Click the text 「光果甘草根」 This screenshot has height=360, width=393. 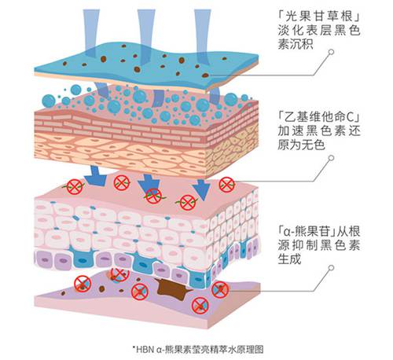point(319,17)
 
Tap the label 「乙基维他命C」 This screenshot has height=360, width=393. point(319,116)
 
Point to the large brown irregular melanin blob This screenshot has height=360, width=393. point(171,288)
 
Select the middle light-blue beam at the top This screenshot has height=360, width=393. point(146,37)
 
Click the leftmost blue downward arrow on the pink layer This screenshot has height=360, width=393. point(95,175)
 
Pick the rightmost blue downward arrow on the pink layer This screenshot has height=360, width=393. point(202,189)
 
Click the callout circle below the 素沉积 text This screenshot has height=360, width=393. point(332,52)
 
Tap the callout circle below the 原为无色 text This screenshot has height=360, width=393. point(332,158)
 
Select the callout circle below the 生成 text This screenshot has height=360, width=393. point(332,267)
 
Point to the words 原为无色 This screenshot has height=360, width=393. point(301,145)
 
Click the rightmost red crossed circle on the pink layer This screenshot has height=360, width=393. point(226,185)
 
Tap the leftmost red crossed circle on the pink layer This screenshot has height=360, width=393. point(75,187)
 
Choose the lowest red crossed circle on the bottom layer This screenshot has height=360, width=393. point(200,306)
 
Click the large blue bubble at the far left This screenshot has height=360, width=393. point(49,101)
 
